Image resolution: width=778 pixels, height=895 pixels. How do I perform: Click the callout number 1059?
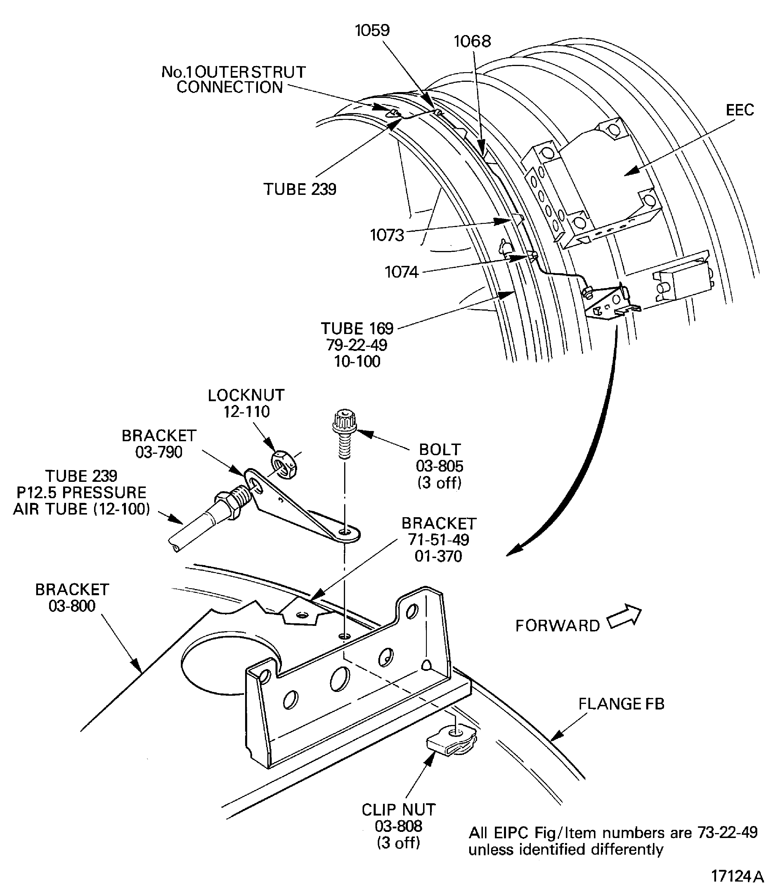tap(372, 30)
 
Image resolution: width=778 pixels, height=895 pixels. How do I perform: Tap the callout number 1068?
tap(472, 42)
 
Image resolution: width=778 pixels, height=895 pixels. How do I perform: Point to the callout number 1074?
tap(402, 272)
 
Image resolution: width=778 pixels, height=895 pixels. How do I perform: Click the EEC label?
tap(740, 110)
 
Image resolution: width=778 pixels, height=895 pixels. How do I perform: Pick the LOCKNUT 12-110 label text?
tap(246, 404)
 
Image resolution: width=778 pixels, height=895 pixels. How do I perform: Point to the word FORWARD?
tap(557, 626)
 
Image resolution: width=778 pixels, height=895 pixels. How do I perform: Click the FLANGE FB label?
tap(621, 704)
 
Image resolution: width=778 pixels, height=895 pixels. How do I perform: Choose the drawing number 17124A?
tap(737, 876)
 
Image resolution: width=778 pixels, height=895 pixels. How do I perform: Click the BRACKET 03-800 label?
tap(72, 598)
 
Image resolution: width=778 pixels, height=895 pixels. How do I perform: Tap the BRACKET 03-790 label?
tap(159, 444)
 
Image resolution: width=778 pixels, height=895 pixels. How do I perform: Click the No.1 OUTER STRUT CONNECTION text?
tap(233, 79)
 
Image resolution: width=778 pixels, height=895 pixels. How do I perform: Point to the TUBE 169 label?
tap(357, 329)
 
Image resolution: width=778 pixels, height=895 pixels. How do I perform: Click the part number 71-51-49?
tap(439, 540)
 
